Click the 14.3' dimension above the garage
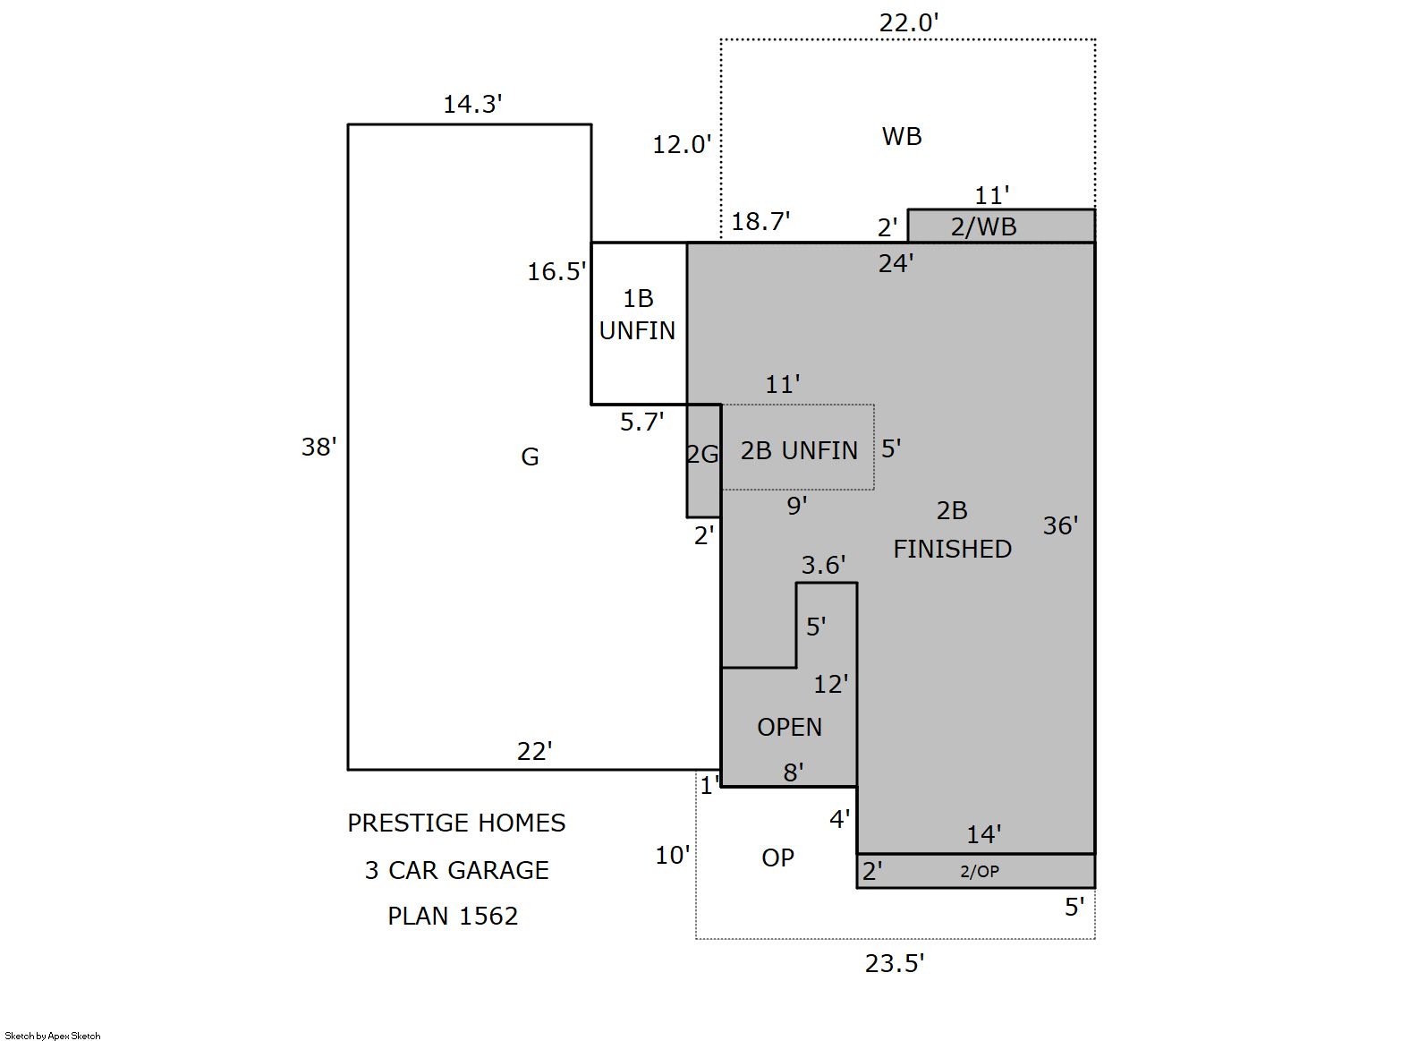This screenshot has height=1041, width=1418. click(x=472, y=105)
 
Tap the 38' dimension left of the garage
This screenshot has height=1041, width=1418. click(x=319, y=447)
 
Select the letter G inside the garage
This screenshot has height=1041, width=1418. click(x=530, y=457)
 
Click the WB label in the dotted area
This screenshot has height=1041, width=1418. click(x=902, y=136)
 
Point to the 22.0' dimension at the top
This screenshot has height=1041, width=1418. click(x=908, y=23)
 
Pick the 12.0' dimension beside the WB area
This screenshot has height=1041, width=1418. click(x=682, y=145)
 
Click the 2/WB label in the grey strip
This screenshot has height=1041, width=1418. click(x=984, y=226)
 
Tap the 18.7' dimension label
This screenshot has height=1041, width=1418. click(x=760, y=222)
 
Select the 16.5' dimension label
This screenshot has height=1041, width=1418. click(x=556, y=271)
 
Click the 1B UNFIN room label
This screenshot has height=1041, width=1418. click(x=638, y=314)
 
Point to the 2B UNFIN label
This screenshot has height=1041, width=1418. click(x=799, y=450)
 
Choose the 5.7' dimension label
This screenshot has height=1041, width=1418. click(x=641, y=422)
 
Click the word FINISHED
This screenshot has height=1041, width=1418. click(x=952, y=549)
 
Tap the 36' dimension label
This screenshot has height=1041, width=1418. click(x=1060, y=525)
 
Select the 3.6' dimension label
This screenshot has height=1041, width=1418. click(x=823, y=565)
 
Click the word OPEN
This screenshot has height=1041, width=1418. click(x=789, y=727)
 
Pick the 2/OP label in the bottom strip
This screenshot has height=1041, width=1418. click(x=980, y=871)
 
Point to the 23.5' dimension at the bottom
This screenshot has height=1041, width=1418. click(x=895, y=964)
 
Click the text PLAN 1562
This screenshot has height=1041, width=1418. click(x=453, y=917)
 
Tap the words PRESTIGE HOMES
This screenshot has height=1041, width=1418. click(x=456, y=823)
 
